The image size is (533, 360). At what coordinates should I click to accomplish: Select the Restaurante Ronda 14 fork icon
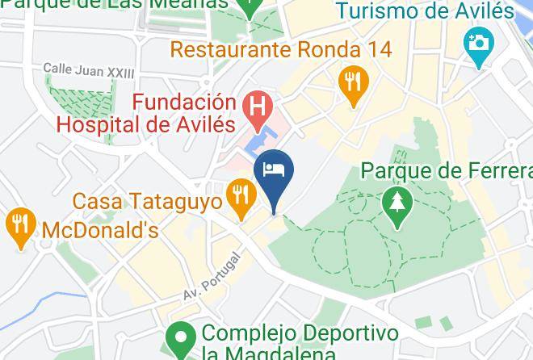(353, 82)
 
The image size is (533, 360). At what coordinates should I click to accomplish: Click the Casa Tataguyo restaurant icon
(241, 195)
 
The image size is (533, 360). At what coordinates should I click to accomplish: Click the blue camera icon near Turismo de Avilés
(478, 41)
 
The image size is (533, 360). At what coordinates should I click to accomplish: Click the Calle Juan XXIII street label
(89, 71)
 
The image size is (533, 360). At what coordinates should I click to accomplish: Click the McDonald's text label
(99, 230)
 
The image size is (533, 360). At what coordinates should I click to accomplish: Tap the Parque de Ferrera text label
(447, 171)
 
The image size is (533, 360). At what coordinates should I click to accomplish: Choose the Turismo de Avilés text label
(424, 11)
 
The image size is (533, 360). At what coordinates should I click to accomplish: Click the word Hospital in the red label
(103, 124)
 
